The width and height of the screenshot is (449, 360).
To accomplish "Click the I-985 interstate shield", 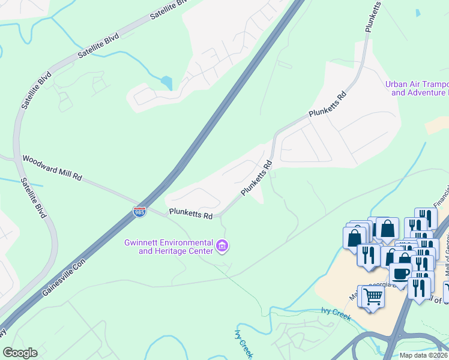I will (139, 211).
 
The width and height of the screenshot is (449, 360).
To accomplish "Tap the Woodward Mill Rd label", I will (52, 169).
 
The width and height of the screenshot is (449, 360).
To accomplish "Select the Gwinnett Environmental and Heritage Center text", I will (168, 247).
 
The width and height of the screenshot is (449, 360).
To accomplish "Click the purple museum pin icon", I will (222, 245).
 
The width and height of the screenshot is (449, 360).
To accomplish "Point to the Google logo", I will (19, 353).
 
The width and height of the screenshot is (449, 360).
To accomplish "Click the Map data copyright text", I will (424, 355).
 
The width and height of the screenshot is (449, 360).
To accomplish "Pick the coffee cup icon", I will (401, 273).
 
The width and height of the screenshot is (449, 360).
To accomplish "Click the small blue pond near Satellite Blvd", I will (166, 83).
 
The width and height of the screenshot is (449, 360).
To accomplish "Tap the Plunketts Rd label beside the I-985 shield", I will (191, 213).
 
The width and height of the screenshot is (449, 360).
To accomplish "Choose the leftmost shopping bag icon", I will (355, 238).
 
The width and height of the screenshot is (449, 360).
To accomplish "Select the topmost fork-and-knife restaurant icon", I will (426, 218).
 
